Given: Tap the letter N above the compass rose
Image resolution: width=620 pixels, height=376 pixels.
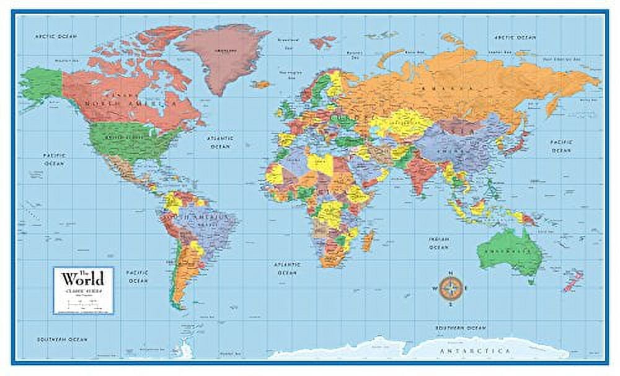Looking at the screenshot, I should click(451, 273).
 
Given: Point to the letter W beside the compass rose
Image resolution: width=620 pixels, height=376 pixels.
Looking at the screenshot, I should click(433, 287).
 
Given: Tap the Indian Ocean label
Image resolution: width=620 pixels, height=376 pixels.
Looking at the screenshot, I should click(438, 243).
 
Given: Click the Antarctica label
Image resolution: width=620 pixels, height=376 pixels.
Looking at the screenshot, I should click(483, 351).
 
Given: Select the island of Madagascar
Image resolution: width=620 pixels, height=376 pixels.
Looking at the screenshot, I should click(368, 240).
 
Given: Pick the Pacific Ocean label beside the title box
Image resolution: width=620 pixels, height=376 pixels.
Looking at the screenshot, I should click(138, 277).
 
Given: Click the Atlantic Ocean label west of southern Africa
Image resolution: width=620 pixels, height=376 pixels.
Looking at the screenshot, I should click(287, 268).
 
